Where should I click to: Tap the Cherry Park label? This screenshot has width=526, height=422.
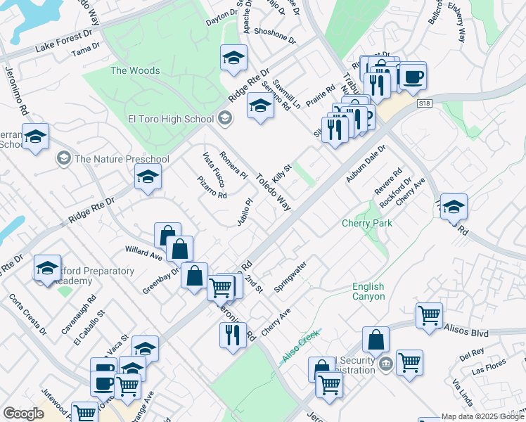pyautogui.click(x=366, y=223)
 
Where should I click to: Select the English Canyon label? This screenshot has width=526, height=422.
pyautogui.click(x=368, y=291)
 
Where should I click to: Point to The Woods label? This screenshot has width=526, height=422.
pyautogui.click(x=135, y=70)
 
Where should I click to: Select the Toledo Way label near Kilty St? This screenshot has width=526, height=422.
pyautogui.click(x=274, y=192)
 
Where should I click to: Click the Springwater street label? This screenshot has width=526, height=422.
pyautogui.click(x=290, y=278)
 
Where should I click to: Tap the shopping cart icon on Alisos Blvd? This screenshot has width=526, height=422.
pyautogui.click(x=429, y=316)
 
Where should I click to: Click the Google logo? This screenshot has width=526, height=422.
pyautogui.click(x=23, y=414)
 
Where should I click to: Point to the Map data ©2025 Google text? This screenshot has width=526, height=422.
pyautogui.click(x=482, y=416)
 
